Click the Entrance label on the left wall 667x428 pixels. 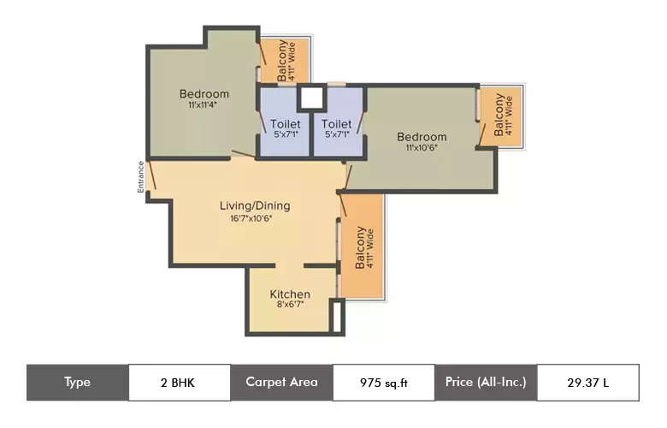coord(141,177)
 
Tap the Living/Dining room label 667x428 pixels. coord(255,205)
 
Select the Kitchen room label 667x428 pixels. coord(290,294)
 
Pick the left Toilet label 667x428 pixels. coord(285,124)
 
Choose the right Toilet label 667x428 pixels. coord(337,124)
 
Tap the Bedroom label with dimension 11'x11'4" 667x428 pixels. coord(204,94)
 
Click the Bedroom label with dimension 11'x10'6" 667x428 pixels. coord(422,137)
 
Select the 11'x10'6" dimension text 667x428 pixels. coord(422,148)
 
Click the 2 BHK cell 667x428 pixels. coord(179,383)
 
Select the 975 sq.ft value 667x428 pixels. coord(382,383)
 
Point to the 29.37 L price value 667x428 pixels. coord(587,383)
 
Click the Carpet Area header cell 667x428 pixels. coord(281,383)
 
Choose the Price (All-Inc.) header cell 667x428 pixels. coord(486,383)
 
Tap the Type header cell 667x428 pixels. coord(77,383)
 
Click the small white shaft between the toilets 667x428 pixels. coord(311,98)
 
